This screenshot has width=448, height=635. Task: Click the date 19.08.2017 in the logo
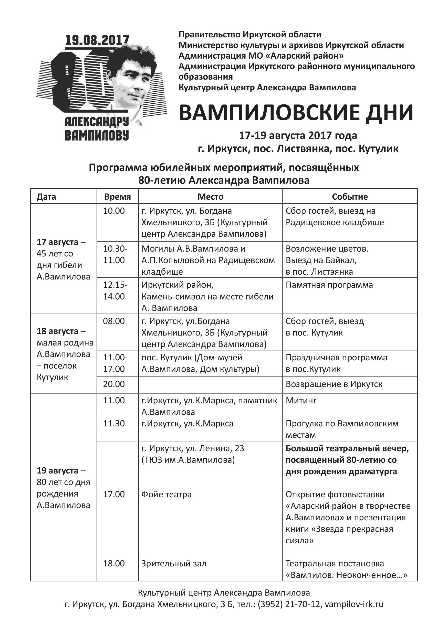pyautogui.click(x=97, y=40)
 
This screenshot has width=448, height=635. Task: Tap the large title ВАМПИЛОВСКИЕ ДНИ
pyautogui.click(x=296, y=113)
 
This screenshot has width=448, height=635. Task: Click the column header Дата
pyautogui.click(x=46, y=197)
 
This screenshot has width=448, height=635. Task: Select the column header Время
pyautogui.click(x=117, y=197)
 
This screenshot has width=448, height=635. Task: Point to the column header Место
pyautogui.click(x=210, y=197)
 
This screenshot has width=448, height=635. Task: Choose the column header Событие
pyautogui.click(x=350, y=197)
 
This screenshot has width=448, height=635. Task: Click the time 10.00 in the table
pyautogui.click(x=114, y=211)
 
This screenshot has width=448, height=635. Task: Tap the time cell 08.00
pyautogui.click(x=114, y=321)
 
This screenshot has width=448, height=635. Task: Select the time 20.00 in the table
pyautogui.click(x=114, y=384)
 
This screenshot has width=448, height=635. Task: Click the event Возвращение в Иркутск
pyautogui.click(x=334, y=384)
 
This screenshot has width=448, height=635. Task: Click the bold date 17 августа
pyautogui.click(x=58, y=242)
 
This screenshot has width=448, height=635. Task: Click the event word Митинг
pyautogui.click(x=301, y=401)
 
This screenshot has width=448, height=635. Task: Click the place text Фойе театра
pyautogui.click(x=166, y=494)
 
